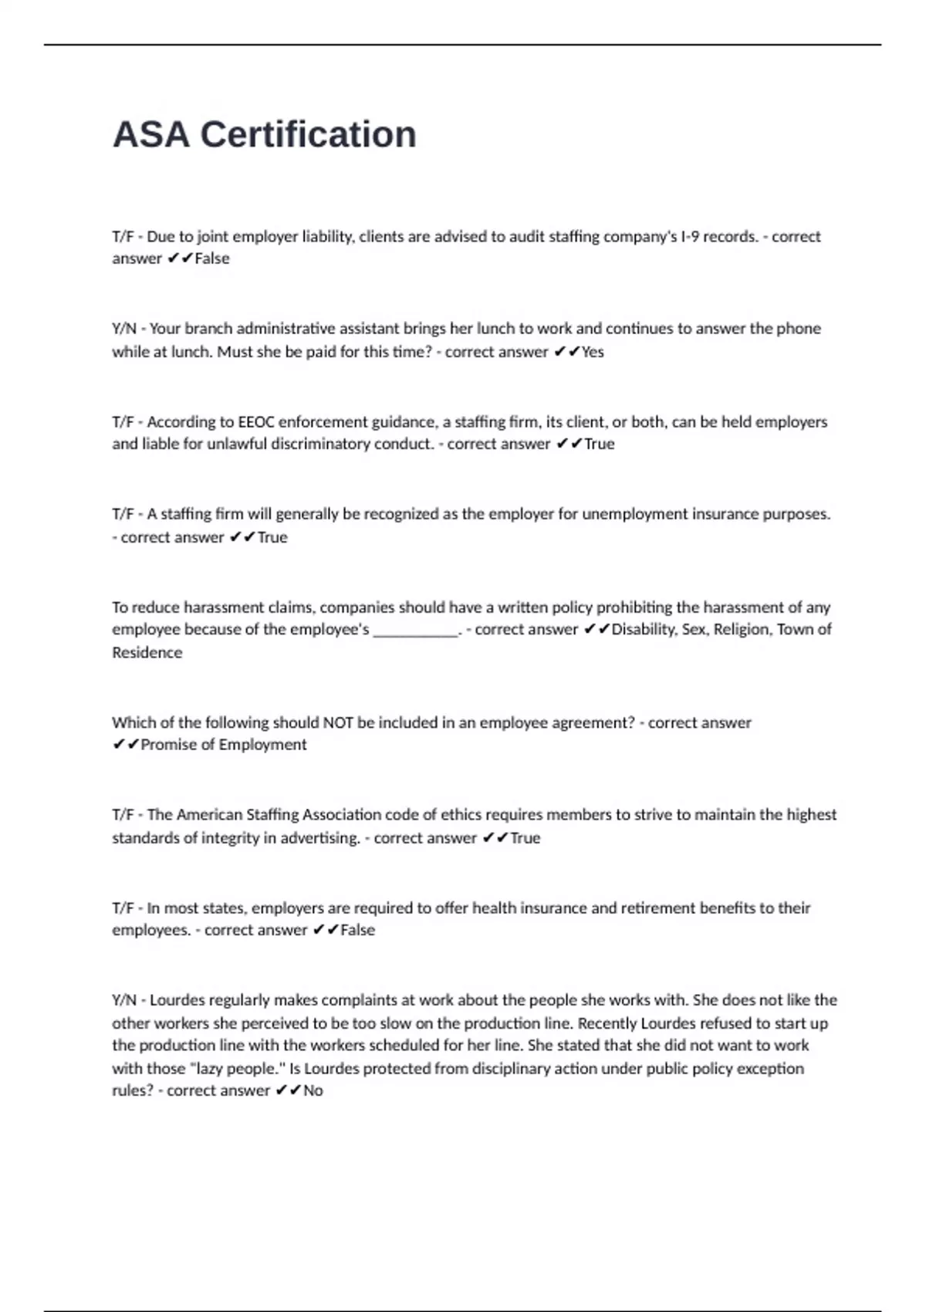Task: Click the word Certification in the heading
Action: click(308, 134)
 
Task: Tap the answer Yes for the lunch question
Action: click(593, 352)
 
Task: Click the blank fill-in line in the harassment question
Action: click(416, 630)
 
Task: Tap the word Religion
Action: click(742, 630)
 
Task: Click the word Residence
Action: click(147, 653)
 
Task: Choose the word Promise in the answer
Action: click(169, 745)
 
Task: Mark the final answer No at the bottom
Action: click(313, 1091)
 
